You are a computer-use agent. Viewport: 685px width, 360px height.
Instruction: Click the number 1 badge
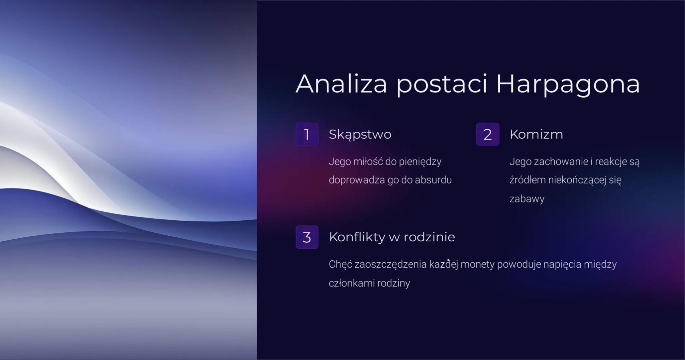307,134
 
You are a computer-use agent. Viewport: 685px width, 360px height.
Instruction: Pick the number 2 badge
488,134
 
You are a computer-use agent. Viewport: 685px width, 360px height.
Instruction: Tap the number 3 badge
307,237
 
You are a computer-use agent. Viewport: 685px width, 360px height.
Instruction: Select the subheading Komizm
536,134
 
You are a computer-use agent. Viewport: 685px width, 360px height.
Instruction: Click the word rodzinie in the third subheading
429,237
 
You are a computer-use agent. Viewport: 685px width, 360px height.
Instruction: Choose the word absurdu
433,180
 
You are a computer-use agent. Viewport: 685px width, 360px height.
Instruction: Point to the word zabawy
527,199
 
